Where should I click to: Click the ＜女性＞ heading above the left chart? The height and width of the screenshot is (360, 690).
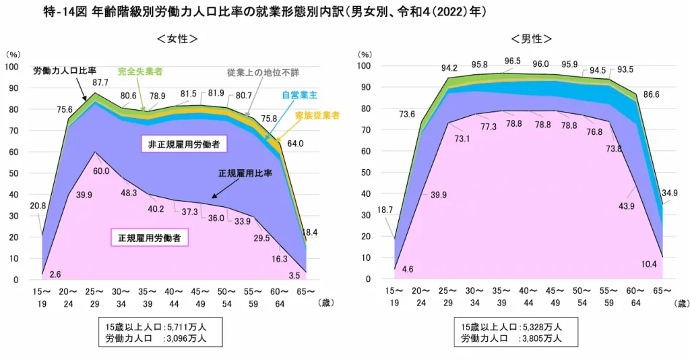tap(177, 39)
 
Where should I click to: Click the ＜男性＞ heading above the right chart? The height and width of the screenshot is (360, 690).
tap(532, 39)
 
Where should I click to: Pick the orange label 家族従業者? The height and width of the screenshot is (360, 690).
tap(317, 115)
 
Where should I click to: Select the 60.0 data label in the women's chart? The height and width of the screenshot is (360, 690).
tap(101, 171)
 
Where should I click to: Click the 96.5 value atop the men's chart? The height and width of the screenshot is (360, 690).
tap(513, 61)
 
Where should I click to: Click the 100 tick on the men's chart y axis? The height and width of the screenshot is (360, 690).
tap(364, 66)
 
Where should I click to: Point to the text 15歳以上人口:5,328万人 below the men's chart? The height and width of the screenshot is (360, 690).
tap(511, 327)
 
